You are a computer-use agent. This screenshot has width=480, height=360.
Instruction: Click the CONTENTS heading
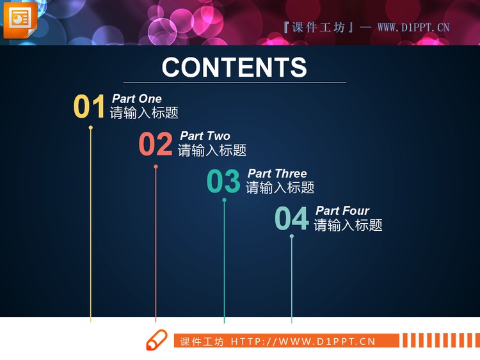[x=234, y=67]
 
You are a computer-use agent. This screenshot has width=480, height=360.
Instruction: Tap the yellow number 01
[x=89, y=107]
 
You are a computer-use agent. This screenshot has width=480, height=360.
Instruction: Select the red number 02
[x=156, y=145]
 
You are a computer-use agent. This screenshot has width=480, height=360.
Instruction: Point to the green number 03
[x=223, y=182]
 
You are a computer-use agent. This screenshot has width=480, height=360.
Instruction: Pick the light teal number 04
[x=291, y=219]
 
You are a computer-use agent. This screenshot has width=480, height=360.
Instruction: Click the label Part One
[x=137, y=98]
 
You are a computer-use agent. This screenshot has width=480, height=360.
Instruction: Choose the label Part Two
[x=205, y=136]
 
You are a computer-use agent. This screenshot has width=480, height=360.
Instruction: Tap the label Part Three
[x=277, y=173]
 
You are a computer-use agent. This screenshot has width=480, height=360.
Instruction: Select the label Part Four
[x=342, y=210]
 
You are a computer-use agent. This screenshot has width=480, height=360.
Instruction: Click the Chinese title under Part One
[x=144, y=113]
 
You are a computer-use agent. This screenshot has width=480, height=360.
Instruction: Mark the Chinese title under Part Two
[x=212, y=150]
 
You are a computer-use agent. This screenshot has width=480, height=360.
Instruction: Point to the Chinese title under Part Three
[x=280, y=188]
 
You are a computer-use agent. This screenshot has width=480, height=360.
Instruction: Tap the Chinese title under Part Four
[x=348, y=225]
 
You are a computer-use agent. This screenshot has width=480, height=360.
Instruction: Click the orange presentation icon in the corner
[x=20, y=19]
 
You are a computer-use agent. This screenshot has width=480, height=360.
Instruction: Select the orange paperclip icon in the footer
[x=156, y=340]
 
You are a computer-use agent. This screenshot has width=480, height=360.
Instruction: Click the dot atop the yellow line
[x=91, y=128]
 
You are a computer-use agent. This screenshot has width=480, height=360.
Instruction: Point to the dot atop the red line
[x=156, y=167]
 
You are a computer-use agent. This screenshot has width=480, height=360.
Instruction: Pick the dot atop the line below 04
[x=292, y=237]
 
